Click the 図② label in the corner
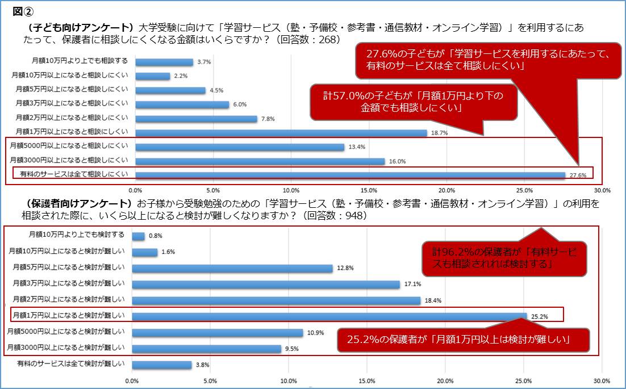tap(21, 11)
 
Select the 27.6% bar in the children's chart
tap(350, 175)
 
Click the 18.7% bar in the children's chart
tap(281, 133)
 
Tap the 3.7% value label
tap(203, 62)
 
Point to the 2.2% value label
tap(180, 76)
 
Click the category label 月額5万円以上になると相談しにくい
tap(72, 90)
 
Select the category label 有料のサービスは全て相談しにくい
tap(74, 174)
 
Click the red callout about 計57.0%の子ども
tap(414, 102)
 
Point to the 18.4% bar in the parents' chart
tap(276, 300)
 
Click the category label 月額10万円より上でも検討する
tap(76, 233)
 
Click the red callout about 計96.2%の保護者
tap(504, 258)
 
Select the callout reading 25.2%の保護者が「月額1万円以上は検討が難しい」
tap(461, 340)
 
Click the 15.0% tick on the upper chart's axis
tap(369, 190)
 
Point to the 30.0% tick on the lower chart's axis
tap(601, 381)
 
